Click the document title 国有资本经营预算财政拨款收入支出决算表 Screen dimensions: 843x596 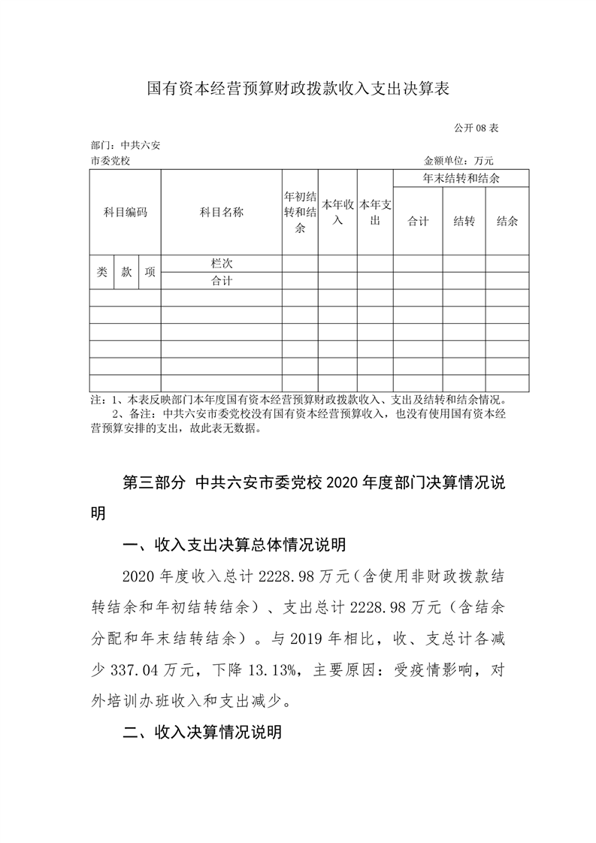pyautogui.click(x=298, y=89)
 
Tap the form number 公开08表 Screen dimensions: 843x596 pyautogui.click(x=476, y=128)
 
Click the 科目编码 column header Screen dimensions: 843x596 pyautogui.click(x=126, y=213)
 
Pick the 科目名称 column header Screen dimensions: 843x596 pyautogui.click(x=222, y=213)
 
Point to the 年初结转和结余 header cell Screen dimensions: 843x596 pyautogui.click(x=299, y=213)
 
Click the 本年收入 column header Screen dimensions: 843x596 pyautogui.click(x=337, y=213)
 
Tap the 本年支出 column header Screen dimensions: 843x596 pyautogui.click(x=375, y=213)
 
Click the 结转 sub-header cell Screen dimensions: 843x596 pyautogui.click(x=464, y=222)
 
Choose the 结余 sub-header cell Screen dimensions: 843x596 pyautogui.click(x=507, y=222)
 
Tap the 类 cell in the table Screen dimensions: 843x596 pyautogui.click(x=101, y=272)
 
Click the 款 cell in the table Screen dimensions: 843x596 pyautogui.click(x=126, y=272)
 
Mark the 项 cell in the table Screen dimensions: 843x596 pyautogui.click(x=150, y=272)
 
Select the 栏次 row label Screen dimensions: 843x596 pyautogui.click(x=222, y=264)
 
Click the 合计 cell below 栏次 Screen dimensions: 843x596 pyautogui.click(x=222, y=281)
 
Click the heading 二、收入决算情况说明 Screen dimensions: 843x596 pyautogui.click(x=201, y=732)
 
